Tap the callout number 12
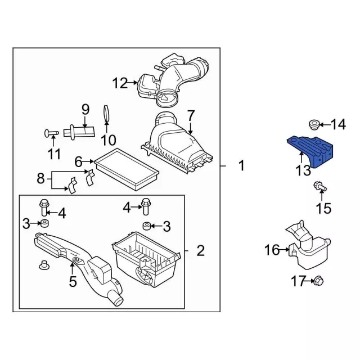(120, 83)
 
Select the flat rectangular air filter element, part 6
(127, 169)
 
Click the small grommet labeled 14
(313, 124)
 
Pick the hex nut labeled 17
(317, 281)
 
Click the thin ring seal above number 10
(106, 113)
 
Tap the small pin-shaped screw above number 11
(51, 133)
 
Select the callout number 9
(85, 110)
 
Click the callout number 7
(191, 116)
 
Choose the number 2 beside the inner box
(201, 251)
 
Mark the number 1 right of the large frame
(242, 165)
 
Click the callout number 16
(272, 250)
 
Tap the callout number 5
(73, 281)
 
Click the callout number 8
(40, 178)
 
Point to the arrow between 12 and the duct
(133, 83)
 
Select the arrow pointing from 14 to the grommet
(325, 125)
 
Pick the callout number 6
(78, 162)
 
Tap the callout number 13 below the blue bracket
(304, 170)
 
